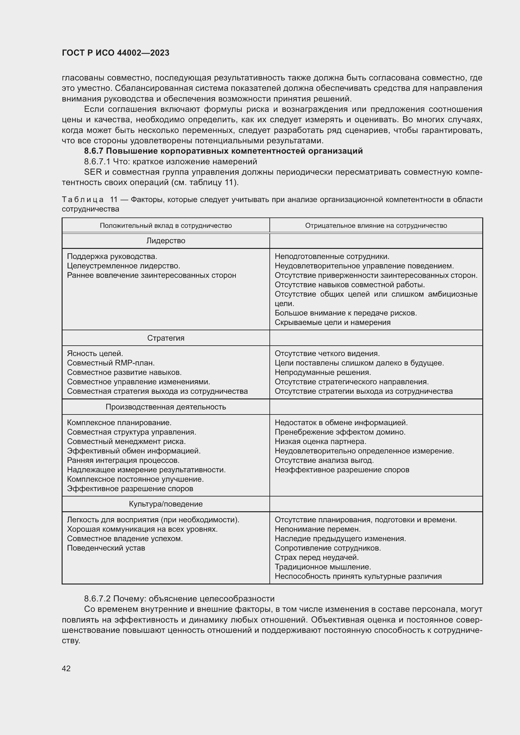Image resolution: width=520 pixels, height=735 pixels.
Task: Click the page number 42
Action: pyautogui.click(x=66, y=668)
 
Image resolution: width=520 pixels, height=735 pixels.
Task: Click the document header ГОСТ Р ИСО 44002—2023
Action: pyautogui.click(x=116, y=53)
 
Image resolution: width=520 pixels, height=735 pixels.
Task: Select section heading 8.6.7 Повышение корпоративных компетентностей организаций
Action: pyautogui.click(x=223, y=151)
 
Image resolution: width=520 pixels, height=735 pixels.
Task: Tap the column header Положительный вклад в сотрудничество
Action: pyautogui.click(x=166, y=226)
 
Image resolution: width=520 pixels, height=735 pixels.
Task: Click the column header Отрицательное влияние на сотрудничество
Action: pyautogui.click(x=376, y=226)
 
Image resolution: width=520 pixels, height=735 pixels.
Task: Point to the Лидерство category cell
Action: pyautogui.click(x=166, y=241)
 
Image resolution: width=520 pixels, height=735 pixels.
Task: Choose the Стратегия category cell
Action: pyautogui.click(x=166, y=338)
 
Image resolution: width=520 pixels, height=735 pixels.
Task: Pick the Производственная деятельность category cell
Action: pyautogui.click(x=166, y=407)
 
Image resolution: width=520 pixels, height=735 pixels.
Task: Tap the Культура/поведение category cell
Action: pyautogui.click(x=166, y=504)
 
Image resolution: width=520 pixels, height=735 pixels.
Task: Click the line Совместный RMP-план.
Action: pyautogui.click(x=111, y=363)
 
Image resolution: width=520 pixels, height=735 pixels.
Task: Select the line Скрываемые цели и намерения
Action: pyautogui.click(x=332, y=322)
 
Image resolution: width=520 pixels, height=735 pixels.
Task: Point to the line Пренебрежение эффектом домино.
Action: pyautogui.click(x=340, y=432)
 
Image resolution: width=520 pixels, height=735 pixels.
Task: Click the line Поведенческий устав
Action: pyautogui.click(x=106, y=548)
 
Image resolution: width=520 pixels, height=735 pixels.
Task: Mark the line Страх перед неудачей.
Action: pyautogui.click(x=316, y=557)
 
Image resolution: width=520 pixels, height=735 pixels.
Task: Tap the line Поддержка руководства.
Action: pyautogui.click(x=112, y=256)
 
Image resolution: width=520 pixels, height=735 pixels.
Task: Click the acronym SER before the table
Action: pyautogui.click(x=92, y=172)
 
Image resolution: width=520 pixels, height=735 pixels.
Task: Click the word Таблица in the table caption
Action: pyautogui.click(x=83, y=200)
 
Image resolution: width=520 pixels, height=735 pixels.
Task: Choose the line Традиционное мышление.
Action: pyautogui.click(x=323, y=567)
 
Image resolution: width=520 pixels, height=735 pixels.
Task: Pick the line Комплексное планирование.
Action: pyautogui.click(x=119, y=423)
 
